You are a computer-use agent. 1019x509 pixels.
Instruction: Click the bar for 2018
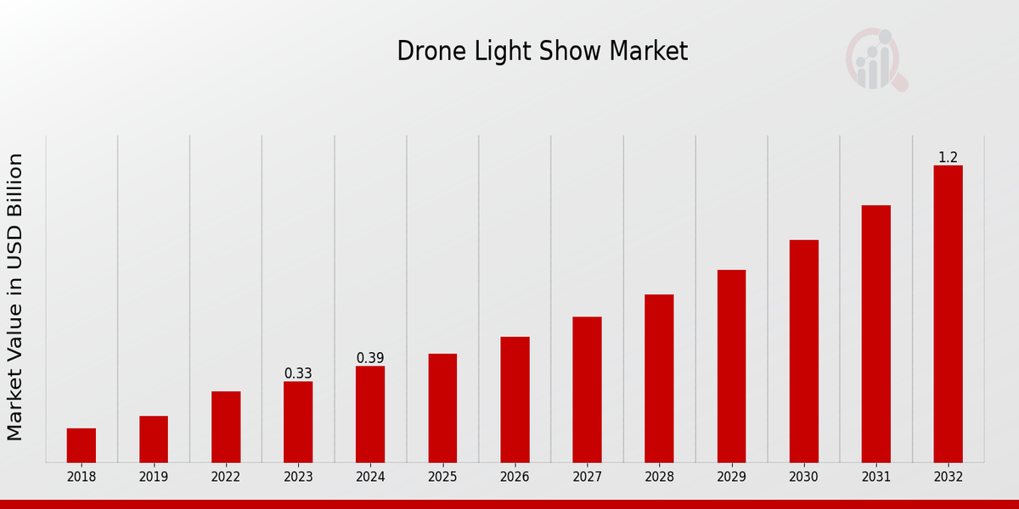click(x=82, y=445)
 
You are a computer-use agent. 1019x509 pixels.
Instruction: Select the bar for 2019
click(x=154, y=439)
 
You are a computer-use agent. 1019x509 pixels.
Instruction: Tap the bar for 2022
click(x=226, y=427)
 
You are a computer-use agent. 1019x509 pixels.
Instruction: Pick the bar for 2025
click(x=442, y=408)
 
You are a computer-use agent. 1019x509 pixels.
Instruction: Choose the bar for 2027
click(x=587, y=389)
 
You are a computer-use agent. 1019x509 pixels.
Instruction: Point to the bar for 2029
click(x=731, y=366)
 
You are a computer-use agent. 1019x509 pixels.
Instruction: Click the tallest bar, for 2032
click(x=948, y=314)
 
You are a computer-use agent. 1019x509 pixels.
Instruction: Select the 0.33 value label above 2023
click(x=298, y=373)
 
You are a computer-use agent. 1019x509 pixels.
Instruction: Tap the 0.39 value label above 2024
click(x=370, y=358)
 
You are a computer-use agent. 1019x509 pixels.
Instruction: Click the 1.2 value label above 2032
click(x=948, y=157)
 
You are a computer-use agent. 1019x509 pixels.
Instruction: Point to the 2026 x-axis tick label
click(x=515, y=477)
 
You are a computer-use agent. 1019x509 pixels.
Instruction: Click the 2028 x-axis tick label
click(x=659, y=477)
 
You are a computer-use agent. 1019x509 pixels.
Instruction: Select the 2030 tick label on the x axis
click(x=803, y=477)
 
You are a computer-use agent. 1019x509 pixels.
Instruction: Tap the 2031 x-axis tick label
click(x=875, y=477)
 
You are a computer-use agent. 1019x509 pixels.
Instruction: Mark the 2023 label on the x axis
click(x=298, y=477)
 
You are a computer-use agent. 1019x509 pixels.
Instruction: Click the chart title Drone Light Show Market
click(x=542, y=52)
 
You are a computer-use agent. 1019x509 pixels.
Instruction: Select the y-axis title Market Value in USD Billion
click(x=15, y=297)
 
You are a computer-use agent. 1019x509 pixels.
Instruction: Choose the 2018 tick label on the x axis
click(x=82, y=477)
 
